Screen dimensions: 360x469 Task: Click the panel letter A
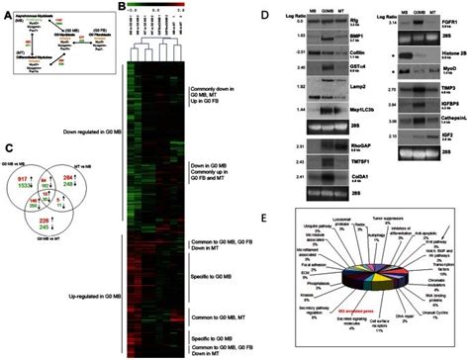click(x=7, y=6)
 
